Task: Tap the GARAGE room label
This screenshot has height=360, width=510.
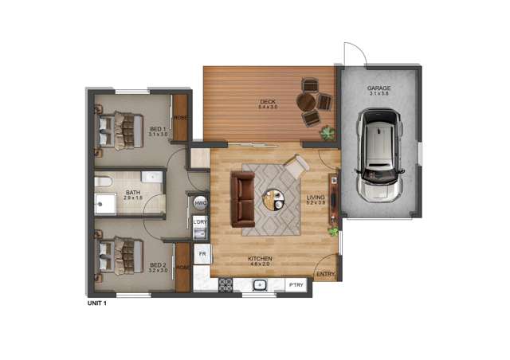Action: tap(379, 88)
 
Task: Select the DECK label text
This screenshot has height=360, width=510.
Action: tap(267, 101)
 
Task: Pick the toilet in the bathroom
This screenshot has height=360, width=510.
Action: tap(102, 182)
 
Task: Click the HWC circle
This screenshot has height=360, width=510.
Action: tap(201, 202)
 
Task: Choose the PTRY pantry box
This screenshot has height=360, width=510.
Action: tap(296, 284)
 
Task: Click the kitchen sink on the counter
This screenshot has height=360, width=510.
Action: tap(259, 284)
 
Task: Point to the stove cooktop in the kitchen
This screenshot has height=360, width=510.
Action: tap(224, 284)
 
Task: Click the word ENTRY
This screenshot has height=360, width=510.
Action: tap(325, 275)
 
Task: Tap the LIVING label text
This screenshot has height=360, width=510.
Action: tap(316, 198)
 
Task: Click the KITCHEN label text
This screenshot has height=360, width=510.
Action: tap(260, 259)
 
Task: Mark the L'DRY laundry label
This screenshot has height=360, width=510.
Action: tap(201, 221)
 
